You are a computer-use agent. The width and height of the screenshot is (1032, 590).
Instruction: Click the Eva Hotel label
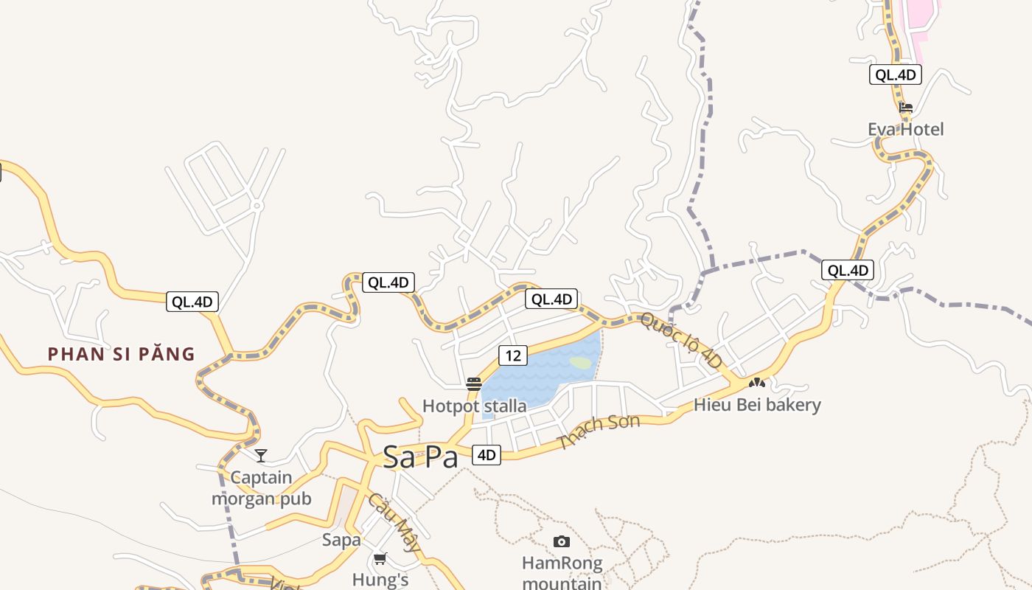click(x=905, y=130)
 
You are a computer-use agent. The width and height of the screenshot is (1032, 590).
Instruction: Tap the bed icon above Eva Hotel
click(x=906, y=108)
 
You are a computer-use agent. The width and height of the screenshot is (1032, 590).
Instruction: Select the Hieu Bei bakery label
click(x=757, y=405)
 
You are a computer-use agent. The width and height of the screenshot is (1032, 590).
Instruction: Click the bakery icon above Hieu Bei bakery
click(x=756, y=383)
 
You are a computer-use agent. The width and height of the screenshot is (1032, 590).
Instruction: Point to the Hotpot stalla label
click(x=474, y=406)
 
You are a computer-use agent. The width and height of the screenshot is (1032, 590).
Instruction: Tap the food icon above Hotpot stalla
click(x=473, y=383)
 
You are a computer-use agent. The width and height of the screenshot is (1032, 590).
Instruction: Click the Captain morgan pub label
click(x=262, y=488)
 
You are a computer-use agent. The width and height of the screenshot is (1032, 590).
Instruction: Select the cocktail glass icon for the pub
click(x=260, y=455)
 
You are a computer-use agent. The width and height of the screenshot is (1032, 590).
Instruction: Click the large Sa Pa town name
click(x=420, y=457)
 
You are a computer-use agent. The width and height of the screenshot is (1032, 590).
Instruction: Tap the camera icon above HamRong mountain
click(x=561, y=542)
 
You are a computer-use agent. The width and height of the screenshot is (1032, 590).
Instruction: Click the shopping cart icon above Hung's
click(x=380, y=558)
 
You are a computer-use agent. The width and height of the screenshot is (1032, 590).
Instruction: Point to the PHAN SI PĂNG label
click(x=122, y=355)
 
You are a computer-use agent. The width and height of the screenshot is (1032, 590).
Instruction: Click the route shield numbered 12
click(x=513, y=355)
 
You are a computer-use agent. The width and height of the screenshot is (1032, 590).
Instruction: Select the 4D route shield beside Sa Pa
click(x=486, y=455)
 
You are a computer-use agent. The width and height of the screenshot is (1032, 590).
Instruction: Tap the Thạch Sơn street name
click(x=599, y=432)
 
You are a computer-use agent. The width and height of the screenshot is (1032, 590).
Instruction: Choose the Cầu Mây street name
click(x=395, y=523)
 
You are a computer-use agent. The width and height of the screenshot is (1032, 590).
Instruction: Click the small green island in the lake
click(x=580, y=363)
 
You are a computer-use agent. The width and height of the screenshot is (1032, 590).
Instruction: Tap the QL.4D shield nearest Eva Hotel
click(x=896, y=74)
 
